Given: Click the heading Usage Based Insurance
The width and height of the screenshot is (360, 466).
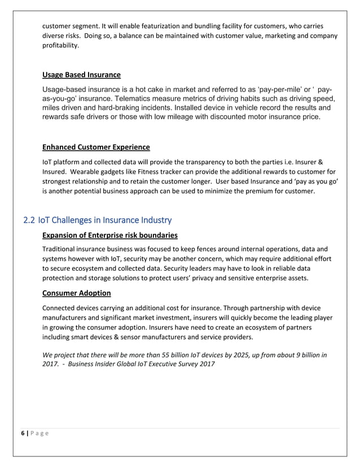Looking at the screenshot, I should (81, 75).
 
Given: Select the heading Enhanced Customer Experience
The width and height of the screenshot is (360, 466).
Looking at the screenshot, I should (96, 147).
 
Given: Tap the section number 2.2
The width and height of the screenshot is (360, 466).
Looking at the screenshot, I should (30, 219).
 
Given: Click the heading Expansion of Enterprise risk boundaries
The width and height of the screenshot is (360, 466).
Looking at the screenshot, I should (110, 235).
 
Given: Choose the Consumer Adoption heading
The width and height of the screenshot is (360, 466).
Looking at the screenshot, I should (76, 293).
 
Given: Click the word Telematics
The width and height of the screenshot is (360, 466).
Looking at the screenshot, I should (142, 99).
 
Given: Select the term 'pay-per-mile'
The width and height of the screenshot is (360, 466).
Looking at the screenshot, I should (280, 90).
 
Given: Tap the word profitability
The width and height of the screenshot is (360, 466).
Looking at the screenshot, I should (60, 45).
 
